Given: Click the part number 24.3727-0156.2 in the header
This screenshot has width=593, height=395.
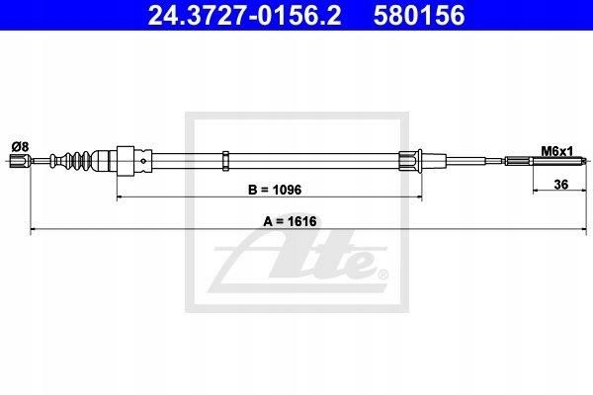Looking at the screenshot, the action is click(x=244, y=15).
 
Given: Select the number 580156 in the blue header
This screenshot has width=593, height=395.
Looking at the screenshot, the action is click(x=419, y=15).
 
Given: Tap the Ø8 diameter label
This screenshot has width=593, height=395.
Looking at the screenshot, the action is click(x=20, y=146).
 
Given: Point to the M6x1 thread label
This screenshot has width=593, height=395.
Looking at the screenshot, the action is click(x=557, y=151).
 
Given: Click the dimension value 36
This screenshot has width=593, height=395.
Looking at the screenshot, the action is click(x=560, y=185).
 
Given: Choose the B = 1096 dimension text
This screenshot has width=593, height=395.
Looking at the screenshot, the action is click(x=275, y=190).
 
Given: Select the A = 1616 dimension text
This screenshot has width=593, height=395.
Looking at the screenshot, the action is click(x=290, y=221).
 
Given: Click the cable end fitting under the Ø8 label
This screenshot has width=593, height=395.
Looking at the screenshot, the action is click(x=20, y=161).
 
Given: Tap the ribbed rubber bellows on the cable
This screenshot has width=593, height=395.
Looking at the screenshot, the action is click(x=71, y=161).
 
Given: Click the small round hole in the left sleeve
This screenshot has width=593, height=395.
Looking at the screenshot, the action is click(x=143, y=161).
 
